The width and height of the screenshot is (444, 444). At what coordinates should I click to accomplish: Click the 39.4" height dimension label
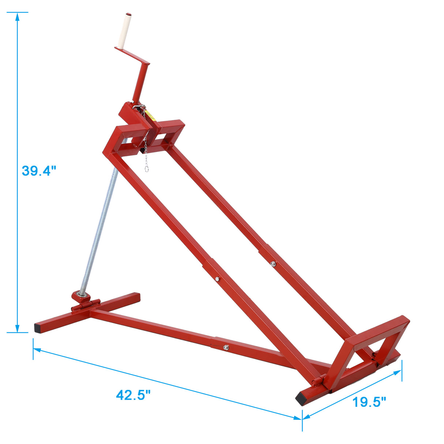pyautogui.click(x=39, y=171)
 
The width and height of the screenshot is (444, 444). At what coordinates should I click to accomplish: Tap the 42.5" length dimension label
pyautogui.click(x=133, y=395)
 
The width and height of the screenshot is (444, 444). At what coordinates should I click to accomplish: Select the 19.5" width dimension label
pyautogui.click(x=369, y=402)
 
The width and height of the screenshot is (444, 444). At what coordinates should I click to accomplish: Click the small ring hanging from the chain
pyautogui.click(x=146, y=169)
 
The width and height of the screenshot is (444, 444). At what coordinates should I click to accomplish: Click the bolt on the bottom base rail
pyautogui.click(x=226, y=347)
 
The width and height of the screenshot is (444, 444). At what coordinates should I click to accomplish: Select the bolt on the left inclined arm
pyautogui.click(x=217, y=279)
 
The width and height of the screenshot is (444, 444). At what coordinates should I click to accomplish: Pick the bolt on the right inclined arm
pyautogui.click(x=272, y=263)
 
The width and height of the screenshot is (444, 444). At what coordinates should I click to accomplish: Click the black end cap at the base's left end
pyautogui.click(x=38, y=328)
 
